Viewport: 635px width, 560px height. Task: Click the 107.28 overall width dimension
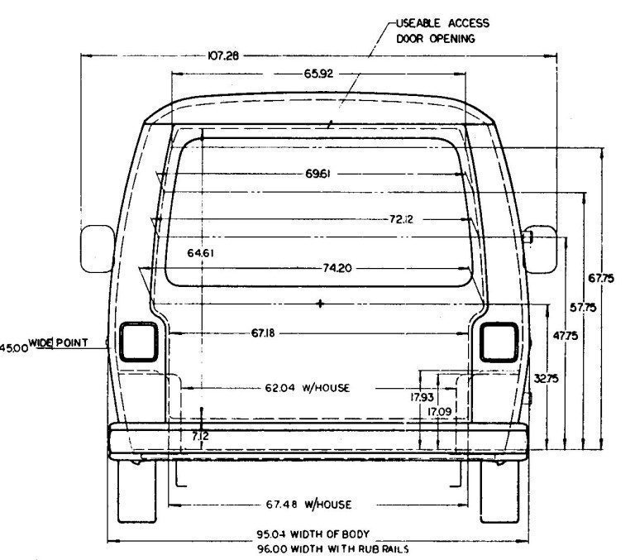pos(223,55)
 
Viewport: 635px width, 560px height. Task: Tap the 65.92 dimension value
pos(318,74)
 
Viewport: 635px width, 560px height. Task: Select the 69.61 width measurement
pos(317,174)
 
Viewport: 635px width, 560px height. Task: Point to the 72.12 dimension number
pos(401,219)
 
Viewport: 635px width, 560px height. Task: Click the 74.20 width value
pos(337,268)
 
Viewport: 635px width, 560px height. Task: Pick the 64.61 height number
pos(200,253)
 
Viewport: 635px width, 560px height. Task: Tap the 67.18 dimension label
pos(263,333)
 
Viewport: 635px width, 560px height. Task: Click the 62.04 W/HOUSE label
pos(308,388)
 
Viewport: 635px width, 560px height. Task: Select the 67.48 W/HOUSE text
pos(308,505)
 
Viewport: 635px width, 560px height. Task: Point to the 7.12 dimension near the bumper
pos(200,437)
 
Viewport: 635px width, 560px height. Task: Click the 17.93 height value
pos(422,398)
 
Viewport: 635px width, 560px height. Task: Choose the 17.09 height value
pos(439,412)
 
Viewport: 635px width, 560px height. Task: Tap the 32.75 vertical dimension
pos(546,379)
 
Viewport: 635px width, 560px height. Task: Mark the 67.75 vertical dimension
pos(601,279)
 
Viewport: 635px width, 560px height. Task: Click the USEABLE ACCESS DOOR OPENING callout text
pos(442,31)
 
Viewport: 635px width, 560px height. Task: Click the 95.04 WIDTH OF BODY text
pos(313,534)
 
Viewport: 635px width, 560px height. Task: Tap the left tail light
pos(139,342)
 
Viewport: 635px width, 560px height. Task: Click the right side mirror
pos(540,249)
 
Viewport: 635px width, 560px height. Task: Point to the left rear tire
pos(137,491)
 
